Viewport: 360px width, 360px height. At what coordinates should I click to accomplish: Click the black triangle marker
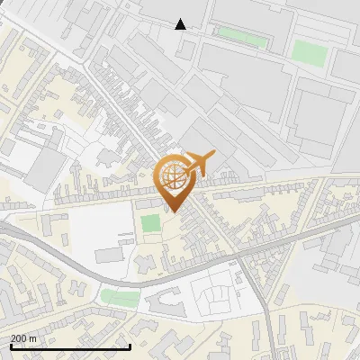(181, 24)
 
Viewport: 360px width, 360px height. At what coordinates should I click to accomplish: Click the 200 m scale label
(23, 338)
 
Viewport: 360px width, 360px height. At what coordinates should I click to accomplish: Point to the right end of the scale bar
(130, 344)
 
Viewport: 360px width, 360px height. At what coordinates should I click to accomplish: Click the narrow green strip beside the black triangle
(243, 39)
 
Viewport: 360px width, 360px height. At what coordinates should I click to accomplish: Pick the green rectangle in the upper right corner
(309, 53)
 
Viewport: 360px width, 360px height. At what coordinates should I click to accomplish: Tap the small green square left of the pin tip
(150, 221)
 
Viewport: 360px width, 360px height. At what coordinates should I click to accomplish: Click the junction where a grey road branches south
(243, 261)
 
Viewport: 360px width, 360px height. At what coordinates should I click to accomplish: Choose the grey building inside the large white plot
(109, 256)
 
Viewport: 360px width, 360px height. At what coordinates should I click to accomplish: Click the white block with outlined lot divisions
(211, 296)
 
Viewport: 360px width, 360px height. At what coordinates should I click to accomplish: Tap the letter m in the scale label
(32, 338)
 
